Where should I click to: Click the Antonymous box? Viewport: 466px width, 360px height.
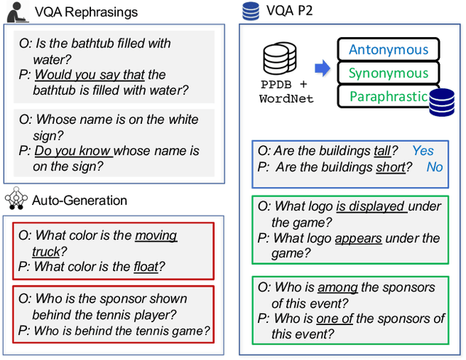[388, 50]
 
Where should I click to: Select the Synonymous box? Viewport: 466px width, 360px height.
[388, 74]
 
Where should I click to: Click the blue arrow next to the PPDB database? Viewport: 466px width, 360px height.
[321, 69]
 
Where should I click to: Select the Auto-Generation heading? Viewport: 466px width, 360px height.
[80, 200]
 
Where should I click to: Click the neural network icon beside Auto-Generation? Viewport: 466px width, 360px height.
[17, 199]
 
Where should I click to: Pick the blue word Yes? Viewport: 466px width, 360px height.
[423, 151]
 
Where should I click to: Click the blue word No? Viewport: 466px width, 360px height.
[434, 168]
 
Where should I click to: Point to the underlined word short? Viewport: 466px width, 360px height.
[390, 168]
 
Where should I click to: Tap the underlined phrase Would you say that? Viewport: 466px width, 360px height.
[90, 74]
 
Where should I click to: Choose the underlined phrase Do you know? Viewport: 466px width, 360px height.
[73, 151]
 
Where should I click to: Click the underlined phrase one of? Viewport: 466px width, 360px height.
[333, 318]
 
